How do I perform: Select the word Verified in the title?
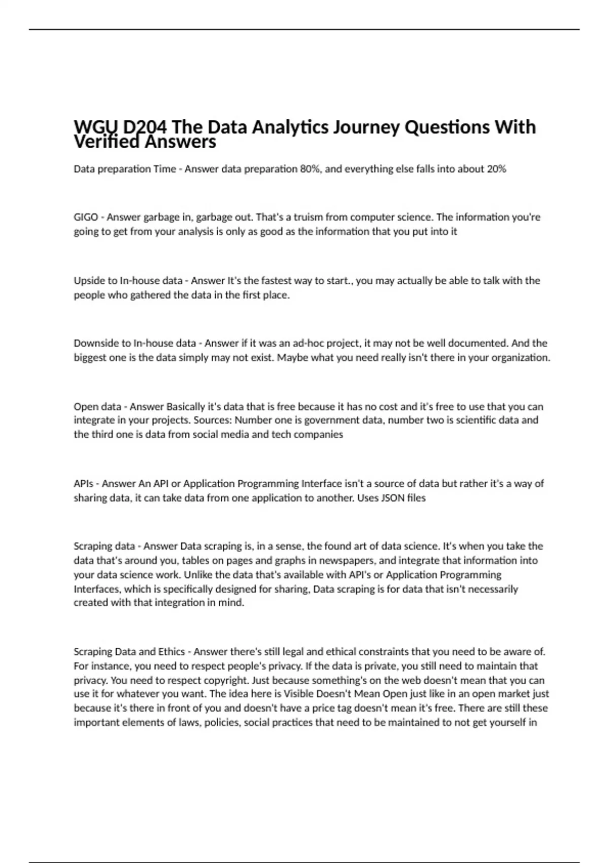pyautogui.click(x=107, y=142)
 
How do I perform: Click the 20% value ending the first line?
pyautogui.click(x=496, y=169)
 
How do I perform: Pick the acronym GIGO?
pyautogui.click(x=86, y=217)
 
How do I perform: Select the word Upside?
pyautogui.click(x=89, y=281)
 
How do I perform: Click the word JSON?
pyautogui.click(x=392, y=498)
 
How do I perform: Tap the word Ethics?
pyautogui.click(x=172, y=652)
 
